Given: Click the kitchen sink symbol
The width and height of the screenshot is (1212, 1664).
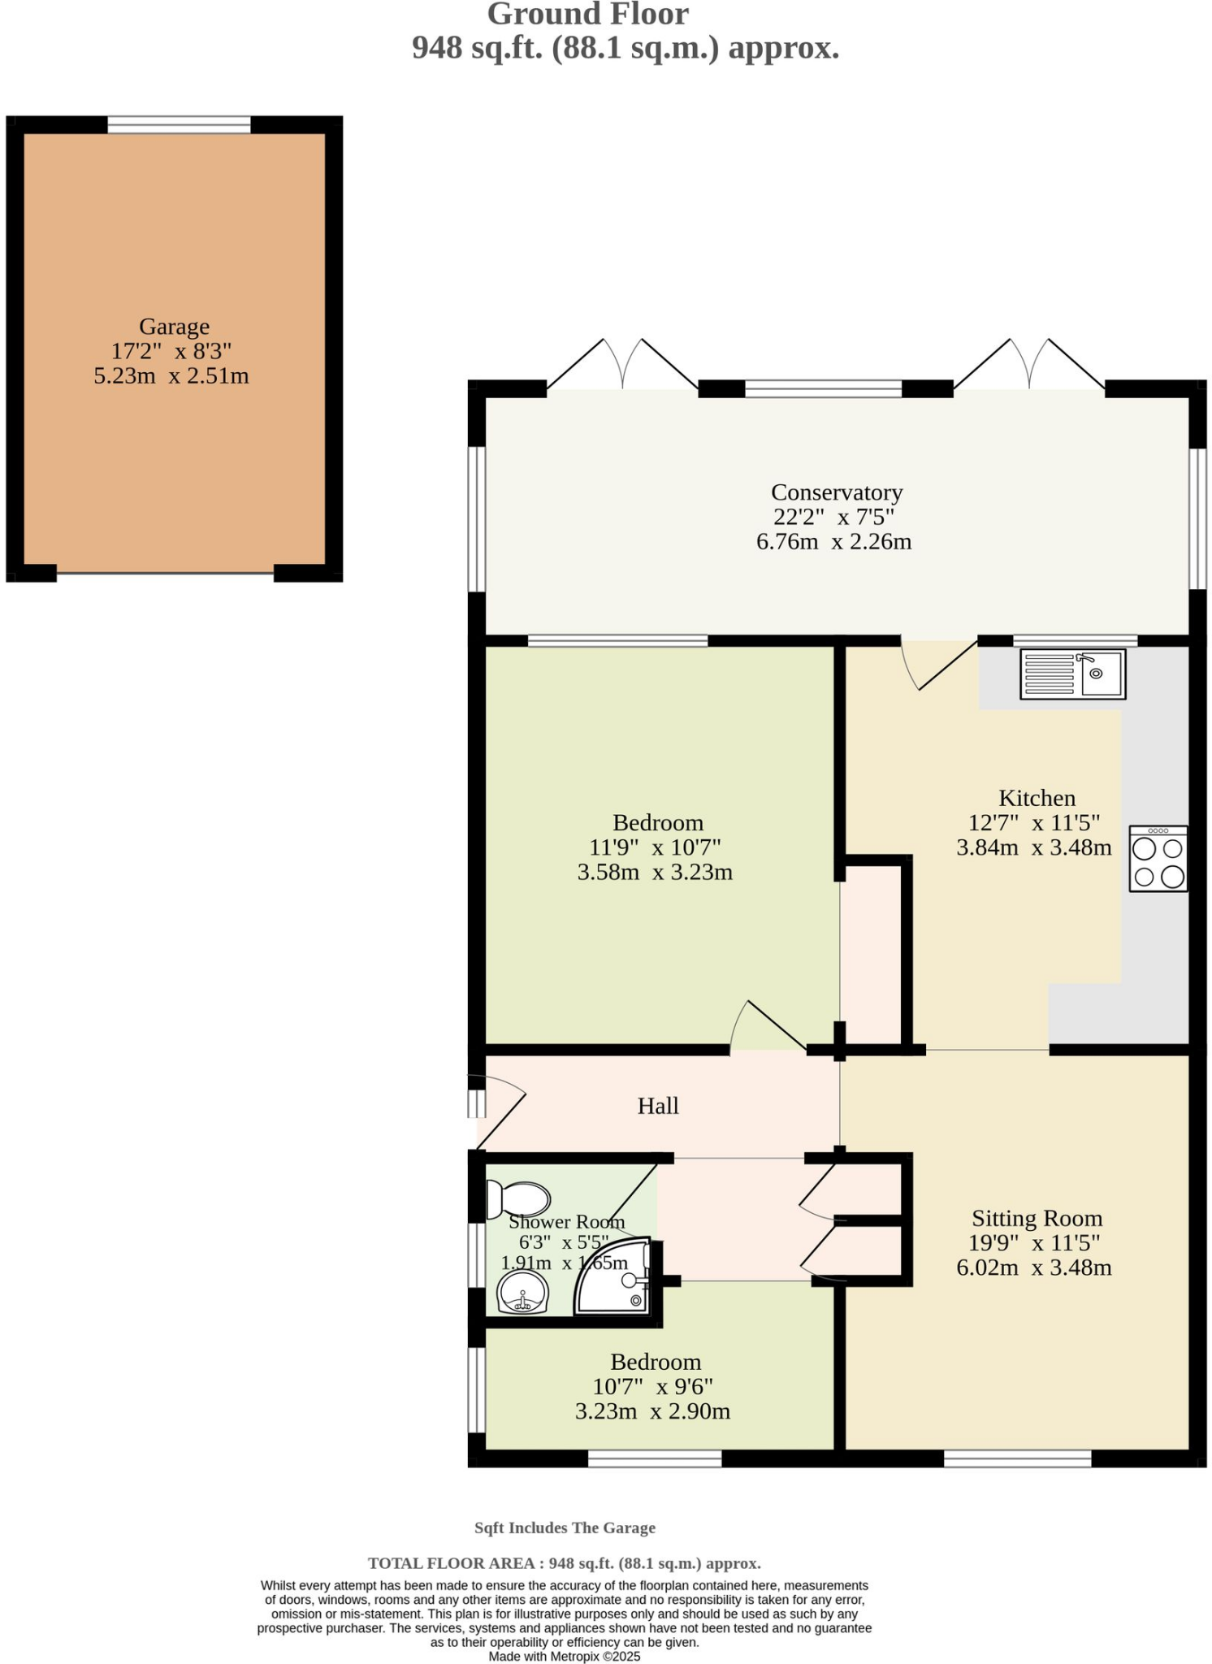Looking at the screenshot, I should [x=1073, y=674].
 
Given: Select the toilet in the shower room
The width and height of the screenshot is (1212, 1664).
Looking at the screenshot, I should [x=518, y=1199].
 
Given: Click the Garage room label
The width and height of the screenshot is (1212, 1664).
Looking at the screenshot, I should [x=174, y=326].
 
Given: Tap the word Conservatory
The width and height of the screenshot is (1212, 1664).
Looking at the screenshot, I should [x=836, y=492].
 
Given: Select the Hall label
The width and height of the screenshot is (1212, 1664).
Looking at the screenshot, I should [x=657, y=1105].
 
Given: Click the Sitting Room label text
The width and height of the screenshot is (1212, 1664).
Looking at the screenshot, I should [x=1037, y=1218].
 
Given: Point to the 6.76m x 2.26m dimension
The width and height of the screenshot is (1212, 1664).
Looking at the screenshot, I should [x=833, y=541].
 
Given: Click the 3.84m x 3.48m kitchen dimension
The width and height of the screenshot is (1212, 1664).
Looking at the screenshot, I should [x=1033, y=847].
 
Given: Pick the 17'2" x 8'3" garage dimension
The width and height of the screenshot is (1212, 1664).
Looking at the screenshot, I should [x=171, y=351].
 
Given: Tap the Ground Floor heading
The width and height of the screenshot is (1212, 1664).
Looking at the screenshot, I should [x=587, y=14].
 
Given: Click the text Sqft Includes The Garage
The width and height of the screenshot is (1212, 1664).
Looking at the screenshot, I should [x=565, y=1527].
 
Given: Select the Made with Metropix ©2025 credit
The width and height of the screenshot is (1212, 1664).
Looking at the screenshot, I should [x=564, y=1656].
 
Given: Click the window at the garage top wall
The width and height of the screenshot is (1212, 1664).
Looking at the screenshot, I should [x=179, y=124].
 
